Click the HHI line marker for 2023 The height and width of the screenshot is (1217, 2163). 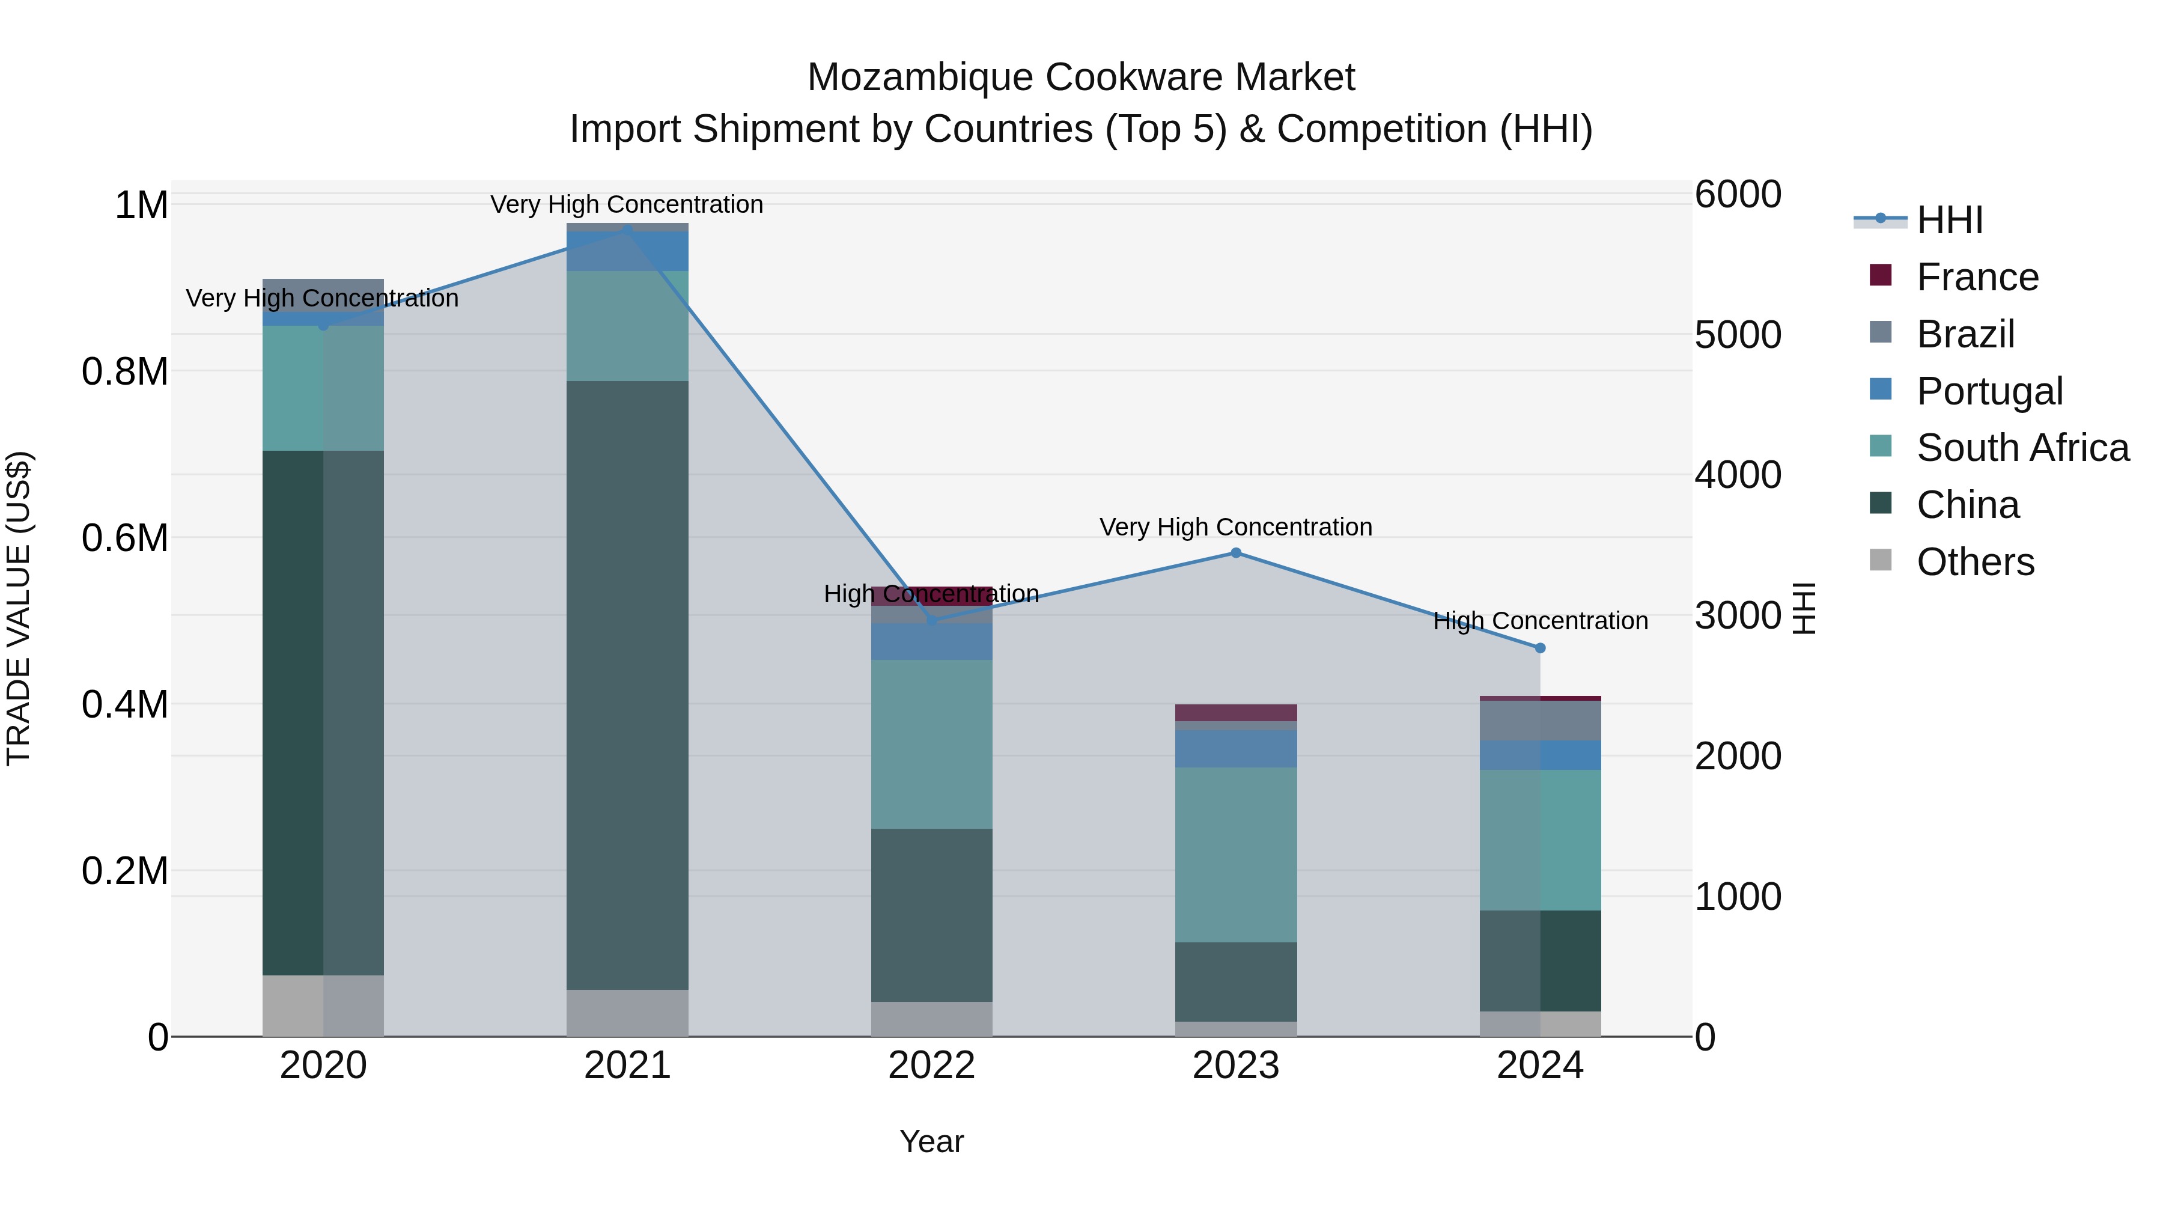(x=1235, y=553)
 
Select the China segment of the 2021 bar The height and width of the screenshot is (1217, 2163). (x=627, y=685)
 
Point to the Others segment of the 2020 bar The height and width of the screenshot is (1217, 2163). (x=323, y=1005)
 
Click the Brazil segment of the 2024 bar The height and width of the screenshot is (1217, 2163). (x=1540, y=721)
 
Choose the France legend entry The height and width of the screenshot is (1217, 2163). (x=1977, y=277)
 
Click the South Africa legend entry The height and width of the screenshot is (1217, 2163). (x=2022, y=448)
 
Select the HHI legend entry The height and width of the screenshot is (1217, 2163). (x=1949, y=220)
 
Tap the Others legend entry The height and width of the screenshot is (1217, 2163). (x=1975, y=562)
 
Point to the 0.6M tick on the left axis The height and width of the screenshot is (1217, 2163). (x=125, y=537)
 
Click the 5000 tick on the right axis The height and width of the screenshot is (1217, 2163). (x=1737, y=334)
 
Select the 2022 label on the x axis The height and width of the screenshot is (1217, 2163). (x=931, y=1066)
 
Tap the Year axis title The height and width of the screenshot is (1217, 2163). (x=931, y=1141)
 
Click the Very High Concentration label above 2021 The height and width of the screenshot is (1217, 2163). (x=627, y=204)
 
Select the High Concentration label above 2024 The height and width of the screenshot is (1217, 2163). (x=1540, y=621)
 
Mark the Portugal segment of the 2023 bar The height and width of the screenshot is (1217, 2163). (x=1235, y=748)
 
